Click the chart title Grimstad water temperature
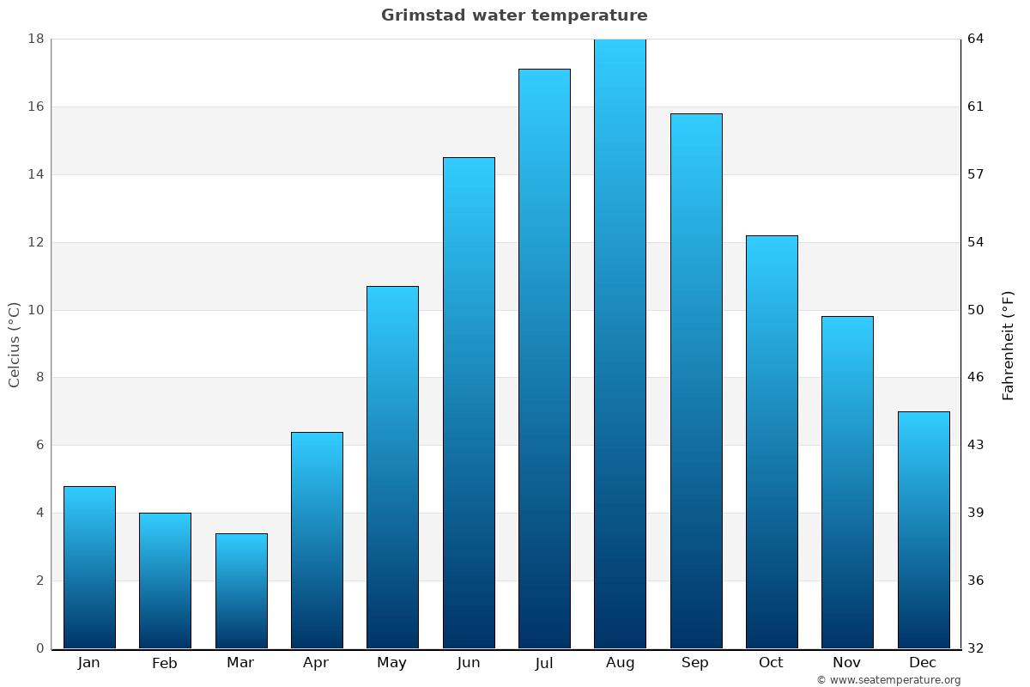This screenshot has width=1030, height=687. [x=514, y=15]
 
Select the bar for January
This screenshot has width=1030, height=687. [x=89, y=567]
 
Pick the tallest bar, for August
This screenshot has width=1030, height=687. [x=620, y=343]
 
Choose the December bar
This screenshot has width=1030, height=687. [x=924, y=530]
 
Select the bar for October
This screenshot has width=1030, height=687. [x=772, y=441]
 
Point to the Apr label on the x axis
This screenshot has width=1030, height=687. [x=316, y=663]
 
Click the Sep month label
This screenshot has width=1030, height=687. [x=695, y=663]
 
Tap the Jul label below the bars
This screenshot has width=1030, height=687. [x=543, y=663]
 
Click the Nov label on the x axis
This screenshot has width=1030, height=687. [x=847, y=663]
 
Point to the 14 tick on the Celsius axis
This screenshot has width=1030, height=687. [x=36, y=174]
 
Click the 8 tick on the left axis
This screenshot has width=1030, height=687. [x=39, y=377]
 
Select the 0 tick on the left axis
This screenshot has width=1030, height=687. [x=39, y=648]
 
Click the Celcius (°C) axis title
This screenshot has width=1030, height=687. [x=15, y=343]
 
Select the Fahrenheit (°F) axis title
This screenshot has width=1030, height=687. [x=1009, y=345]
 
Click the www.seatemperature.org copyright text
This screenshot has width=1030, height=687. [x=888, y=680]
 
